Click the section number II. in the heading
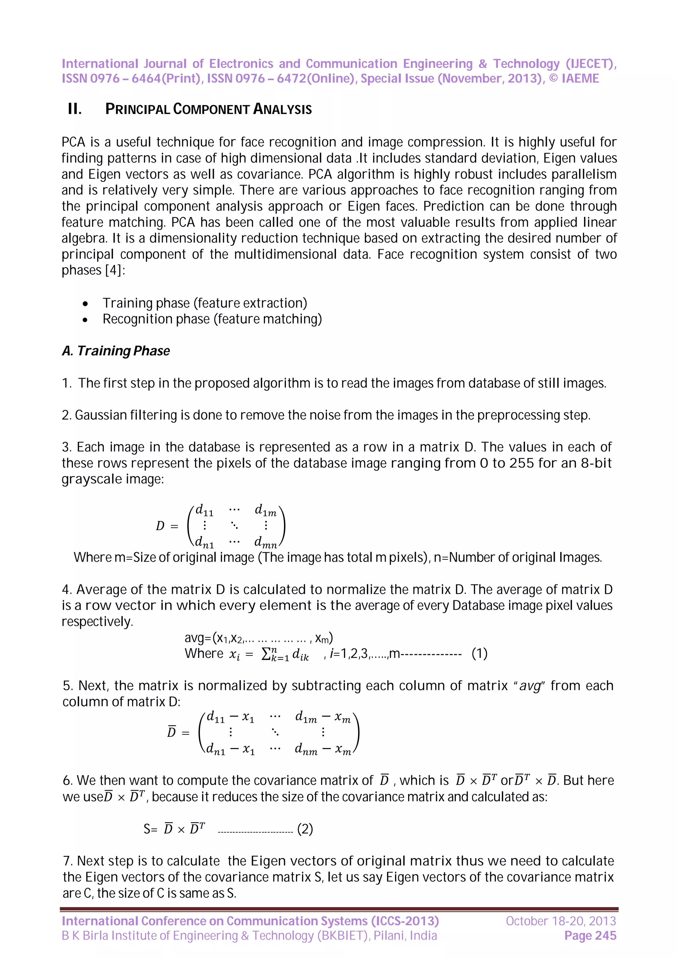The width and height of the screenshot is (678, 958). pos(75,109)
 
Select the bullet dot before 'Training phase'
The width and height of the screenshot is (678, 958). pos(85,303)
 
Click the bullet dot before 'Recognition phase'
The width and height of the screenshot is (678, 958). pos(85,320)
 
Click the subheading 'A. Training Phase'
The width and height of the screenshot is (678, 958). pos(116,351)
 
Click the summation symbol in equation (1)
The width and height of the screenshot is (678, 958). pos(266,654)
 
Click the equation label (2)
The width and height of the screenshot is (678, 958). pos(305,829)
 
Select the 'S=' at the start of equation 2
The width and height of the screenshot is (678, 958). pos(150,829)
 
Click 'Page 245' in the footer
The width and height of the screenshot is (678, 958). pos(590,936)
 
